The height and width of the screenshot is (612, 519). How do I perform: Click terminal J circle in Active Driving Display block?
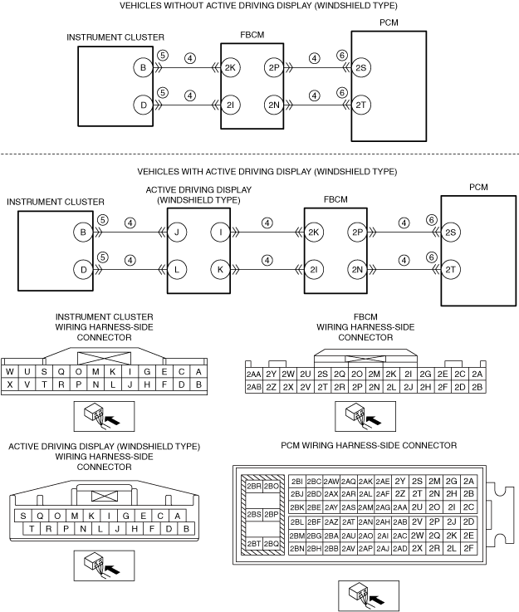(177, 233)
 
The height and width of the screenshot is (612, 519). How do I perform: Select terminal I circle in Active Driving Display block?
(219, 233)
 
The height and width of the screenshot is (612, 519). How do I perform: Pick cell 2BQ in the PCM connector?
(271, 543)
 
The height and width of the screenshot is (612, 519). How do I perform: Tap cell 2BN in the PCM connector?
(297, 549)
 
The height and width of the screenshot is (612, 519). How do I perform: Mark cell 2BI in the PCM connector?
(297, 481)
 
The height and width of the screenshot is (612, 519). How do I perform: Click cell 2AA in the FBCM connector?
(254, 375)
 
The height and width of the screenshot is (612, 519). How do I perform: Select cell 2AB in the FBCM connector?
(254, 387)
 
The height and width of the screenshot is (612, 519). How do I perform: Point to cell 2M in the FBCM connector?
(374, 375)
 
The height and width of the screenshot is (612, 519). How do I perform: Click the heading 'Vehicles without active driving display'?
(259, 7)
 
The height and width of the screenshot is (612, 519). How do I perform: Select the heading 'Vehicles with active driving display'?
(266, 172)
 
